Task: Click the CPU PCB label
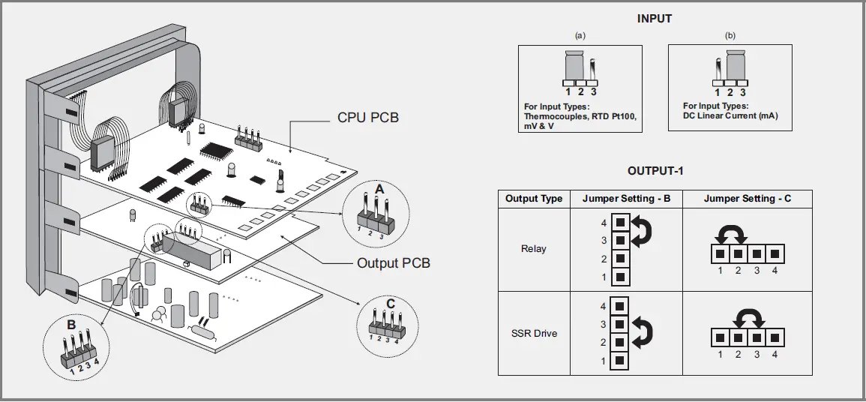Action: pyautogui.click(x=368, y=118)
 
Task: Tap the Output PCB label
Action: pyautogui.click(x=393, y=262)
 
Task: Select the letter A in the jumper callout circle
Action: pyautogui.click(x=379, y=190)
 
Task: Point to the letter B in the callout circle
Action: pyautogui.click(x=71, y=325)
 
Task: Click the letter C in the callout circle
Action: pyautogui.click(x=391, y=304)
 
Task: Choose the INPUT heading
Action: pyautogui.click(x=655, y=19)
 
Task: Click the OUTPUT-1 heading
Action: pyautogui.click(x=655, y=171)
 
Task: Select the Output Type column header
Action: pyautogui.click(x=534, y=199)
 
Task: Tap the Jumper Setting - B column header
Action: pyautogui.click(x=626, y=199)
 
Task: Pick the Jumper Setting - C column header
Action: pyautogui.click(x=748, y=199)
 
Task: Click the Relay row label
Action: pyautogui.click(x=534, y=248)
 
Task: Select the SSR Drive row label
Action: pyautogui.click(x=534, y=334)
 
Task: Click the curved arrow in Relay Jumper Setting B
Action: pyautogui.click(x=642, y=231)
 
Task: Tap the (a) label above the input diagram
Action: pyautogui.click(x=580, y=35)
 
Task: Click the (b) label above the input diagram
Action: pyautogui.click(x=730, y=35)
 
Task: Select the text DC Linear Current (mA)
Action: pyautogui.click(x=730, y=116)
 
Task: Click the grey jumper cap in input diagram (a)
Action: pyautogui.click(x=574, y=64)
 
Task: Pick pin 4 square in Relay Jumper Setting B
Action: pyautogui.click(x=621, y=223)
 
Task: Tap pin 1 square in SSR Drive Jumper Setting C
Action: pyautogui.click(x=720, y=337)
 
